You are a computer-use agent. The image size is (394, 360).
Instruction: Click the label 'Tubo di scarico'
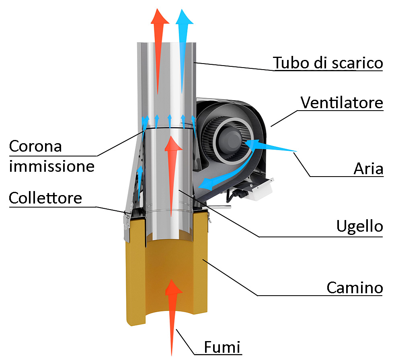click(327, 63)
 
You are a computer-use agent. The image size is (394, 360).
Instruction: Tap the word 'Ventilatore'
click(342, 103)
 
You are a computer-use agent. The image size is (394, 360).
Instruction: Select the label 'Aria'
click(368, 169)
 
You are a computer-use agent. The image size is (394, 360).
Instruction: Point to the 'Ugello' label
click(359, 226)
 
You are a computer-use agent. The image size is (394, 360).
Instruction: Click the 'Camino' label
click(354, 288)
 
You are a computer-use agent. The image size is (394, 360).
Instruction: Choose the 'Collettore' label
click(45, 198)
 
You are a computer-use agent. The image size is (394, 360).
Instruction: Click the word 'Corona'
click(35, 146)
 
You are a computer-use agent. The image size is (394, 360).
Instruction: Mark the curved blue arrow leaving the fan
click(225, 177)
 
